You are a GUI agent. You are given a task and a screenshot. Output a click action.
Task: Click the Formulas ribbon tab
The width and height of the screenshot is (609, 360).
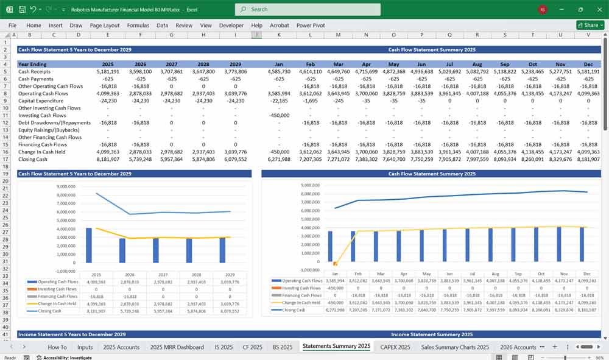[138, 26]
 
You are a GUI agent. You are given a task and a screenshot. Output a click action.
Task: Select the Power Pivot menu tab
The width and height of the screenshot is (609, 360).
[311, 26]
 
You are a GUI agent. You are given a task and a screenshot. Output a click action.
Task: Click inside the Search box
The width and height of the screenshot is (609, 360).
[308, 9]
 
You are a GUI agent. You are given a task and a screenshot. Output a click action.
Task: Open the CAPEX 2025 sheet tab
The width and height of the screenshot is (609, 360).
[395, 347]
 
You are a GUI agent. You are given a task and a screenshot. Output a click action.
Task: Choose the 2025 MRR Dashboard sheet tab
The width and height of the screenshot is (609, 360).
[177, 347]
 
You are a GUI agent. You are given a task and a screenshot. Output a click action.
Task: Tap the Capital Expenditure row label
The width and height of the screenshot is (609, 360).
[40, 101]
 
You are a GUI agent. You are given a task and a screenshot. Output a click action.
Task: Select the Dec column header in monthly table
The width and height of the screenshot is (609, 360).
[588, 63]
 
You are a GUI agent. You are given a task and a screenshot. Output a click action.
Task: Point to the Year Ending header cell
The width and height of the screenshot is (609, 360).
[32, 63]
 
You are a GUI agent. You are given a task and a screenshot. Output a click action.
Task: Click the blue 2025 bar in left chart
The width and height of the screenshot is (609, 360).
[89, 245]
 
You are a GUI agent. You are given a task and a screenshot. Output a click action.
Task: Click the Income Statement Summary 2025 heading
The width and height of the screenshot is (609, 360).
[432, 334]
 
